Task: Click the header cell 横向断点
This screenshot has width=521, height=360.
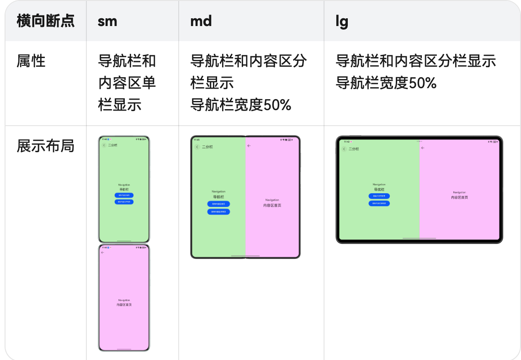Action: click(45, 21)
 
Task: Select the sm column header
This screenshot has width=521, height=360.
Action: click(107, 21)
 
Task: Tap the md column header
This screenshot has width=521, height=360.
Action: click(201, 21)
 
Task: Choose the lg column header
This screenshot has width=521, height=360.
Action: click(342, 21)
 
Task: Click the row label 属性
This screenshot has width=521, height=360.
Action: click(31, 61)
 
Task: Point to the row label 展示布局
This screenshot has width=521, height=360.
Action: click(45, 146)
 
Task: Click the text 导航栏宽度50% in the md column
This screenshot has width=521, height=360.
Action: click(241, 105)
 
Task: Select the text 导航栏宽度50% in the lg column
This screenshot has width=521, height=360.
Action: click(386, 83)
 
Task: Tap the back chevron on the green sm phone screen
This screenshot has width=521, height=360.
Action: click(104, 145)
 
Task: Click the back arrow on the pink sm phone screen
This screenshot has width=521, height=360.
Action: click(102, 252)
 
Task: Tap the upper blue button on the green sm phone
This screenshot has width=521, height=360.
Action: click(124, 195)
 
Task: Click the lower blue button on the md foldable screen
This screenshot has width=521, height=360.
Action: click(218, 212)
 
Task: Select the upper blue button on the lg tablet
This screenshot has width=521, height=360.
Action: click(379, 196)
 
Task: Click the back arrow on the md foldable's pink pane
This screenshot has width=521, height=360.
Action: click(249, 146)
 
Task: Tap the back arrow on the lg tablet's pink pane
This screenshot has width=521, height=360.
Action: click(423, 148)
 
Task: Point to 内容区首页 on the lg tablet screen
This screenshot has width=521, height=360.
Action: click(459, 197)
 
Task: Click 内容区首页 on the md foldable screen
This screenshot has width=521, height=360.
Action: click(272, 205)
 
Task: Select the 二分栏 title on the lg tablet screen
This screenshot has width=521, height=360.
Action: click(354, 149)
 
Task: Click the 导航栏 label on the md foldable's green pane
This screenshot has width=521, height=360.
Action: click(218, 197)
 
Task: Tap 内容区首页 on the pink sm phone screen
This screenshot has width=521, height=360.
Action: click(124, 304)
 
